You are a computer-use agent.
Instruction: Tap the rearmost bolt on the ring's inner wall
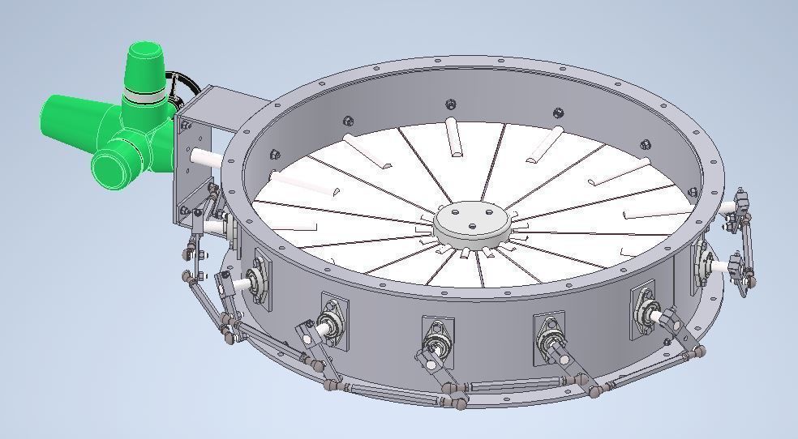coord(450,104)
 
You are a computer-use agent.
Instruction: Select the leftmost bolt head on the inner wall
coord(276,154)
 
